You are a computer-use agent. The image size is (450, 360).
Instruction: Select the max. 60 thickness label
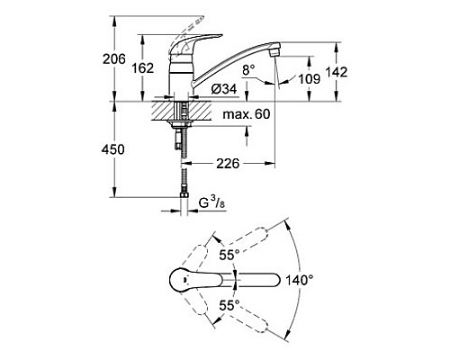(240, 114)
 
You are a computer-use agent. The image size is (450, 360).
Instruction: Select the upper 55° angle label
(229, 255)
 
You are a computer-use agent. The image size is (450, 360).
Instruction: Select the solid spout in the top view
(261, 280)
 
